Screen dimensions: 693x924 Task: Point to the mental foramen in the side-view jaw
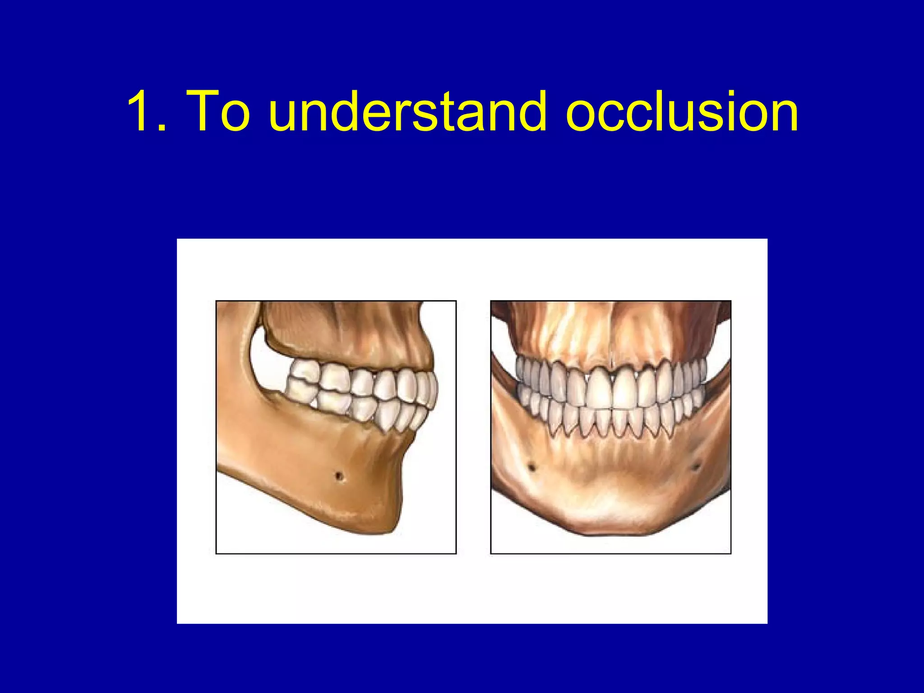pyautogui.click(x=339, y=476)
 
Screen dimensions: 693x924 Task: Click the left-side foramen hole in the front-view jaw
pyautogui.click(x=531, y=467)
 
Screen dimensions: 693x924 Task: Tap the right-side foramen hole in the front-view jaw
pyautogui.click(x=696, y=465)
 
